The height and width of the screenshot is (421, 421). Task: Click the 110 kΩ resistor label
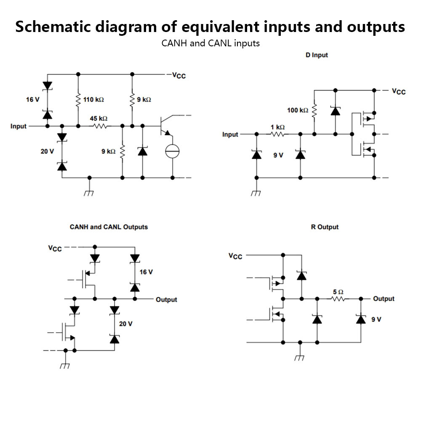93,100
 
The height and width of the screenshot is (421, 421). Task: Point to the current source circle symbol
172,151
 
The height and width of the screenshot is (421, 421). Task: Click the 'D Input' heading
317,55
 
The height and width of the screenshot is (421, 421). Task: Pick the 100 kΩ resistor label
298,110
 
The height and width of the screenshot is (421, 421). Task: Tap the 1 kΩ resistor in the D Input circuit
277,135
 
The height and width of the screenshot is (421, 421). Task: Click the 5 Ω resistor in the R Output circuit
338,299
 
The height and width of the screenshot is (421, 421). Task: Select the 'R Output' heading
325,227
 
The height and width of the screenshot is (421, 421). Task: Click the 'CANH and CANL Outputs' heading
109,227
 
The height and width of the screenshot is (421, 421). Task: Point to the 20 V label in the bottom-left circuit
125,324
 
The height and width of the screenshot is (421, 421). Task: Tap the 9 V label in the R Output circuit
376,320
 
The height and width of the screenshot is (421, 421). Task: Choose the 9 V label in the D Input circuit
278,155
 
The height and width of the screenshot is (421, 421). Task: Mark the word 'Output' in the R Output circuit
384,299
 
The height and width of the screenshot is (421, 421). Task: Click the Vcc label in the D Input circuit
399,91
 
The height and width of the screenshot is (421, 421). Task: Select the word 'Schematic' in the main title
52,27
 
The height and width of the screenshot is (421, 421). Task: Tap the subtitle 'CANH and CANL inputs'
210,43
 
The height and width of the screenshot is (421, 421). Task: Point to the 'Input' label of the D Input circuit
230,135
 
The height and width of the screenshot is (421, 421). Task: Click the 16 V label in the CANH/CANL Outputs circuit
146,272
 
